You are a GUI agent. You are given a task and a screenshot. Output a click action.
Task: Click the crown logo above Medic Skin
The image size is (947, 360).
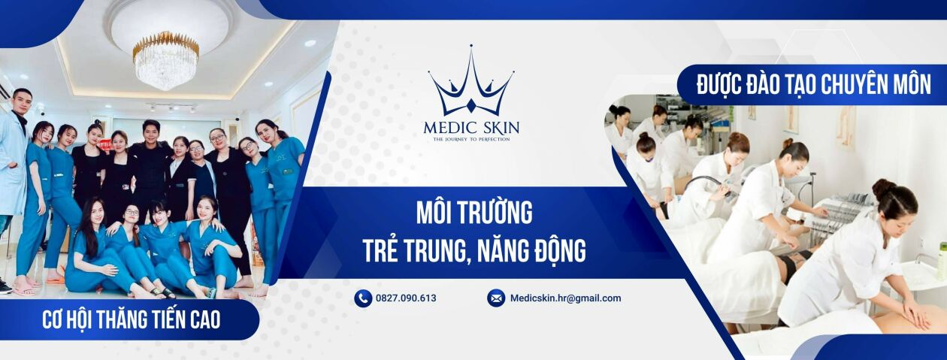[x=471, y=84]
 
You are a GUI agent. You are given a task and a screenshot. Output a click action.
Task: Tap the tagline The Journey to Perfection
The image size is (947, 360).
[x=471, y=139]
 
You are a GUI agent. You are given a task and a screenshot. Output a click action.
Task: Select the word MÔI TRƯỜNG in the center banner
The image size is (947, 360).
[x=473, y=213]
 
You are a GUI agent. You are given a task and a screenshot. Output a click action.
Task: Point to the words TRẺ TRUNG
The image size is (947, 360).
[x=411, y=251]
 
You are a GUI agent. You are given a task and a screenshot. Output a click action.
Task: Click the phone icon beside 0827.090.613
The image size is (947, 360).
[x=363, y=298]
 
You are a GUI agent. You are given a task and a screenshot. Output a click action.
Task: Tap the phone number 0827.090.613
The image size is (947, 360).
[x=407, y=298]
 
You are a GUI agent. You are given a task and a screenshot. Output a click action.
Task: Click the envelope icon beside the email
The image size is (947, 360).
[x=496, y=298]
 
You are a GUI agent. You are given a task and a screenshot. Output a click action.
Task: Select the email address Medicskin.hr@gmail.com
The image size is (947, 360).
[x=565, y=298]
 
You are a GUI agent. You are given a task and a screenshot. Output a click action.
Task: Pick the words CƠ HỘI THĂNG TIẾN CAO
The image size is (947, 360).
[x=132, y=320]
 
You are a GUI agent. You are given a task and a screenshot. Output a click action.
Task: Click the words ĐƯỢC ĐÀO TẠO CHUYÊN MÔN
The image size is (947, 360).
[x=814, y=85]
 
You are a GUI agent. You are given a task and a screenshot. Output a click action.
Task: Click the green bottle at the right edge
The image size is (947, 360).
[x=942, y=260]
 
